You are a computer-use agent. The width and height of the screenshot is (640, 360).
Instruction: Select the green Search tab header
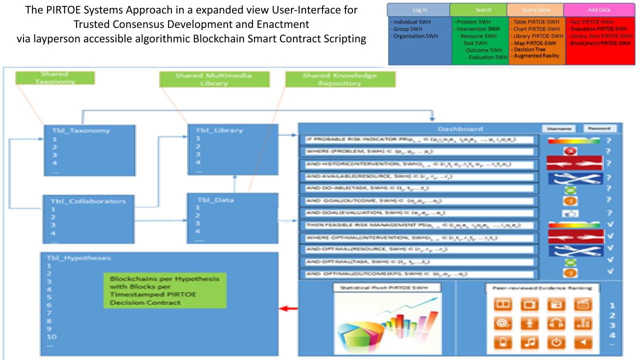[478, 9]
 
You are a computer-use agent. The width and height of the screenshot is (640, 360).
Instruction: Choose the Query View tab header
[534, 9]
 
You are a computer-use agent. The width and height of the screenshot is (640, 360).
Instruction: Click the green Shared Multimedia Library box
[214, 79]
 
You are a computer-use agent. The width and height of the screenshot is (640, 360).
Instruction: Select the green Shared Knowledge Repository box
[340, 79]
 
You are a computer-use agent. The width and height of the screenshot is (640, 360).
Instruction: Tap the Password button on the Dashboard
[599, 128]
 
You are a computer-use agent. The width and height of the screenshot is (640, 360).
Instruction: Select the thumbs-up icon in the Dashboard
[569, 214]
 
